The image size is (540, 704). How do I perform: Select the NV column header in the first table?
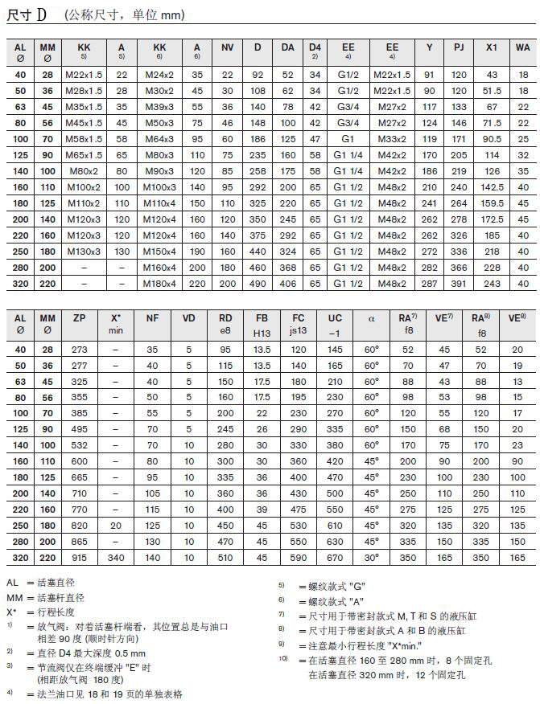(x=228, y=47)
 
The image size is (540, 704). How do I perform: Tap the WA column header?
(x=524, y=47)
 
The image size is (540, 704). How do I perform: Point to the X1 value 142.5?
(x=492, y=187)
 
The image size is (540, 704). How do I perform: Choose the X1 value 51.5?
(x=492, y=91)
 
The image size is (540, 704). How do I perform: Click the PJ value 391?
(x=459, y=284)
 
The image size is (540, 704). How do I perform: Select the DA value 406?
(x=288, y=284)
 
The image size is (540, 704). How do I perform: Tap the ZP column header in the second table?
(x=79, y=318)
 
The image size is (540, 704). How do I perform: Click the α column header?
(x=372, y=318)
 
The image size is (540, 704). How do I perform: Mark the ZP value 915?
(x=79, y=557)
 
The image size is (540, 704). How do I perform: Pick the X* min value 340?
(x=115, y=557)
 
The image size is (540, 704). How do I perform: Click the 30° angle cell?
(x=372, y=557)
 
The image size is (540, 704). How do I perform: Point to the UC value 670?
(x=335, y=557)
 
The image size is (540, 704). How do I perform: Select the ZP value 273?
(x=79, y=350)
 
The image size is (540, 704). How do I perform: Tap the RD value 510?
(x=225, y=557)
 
